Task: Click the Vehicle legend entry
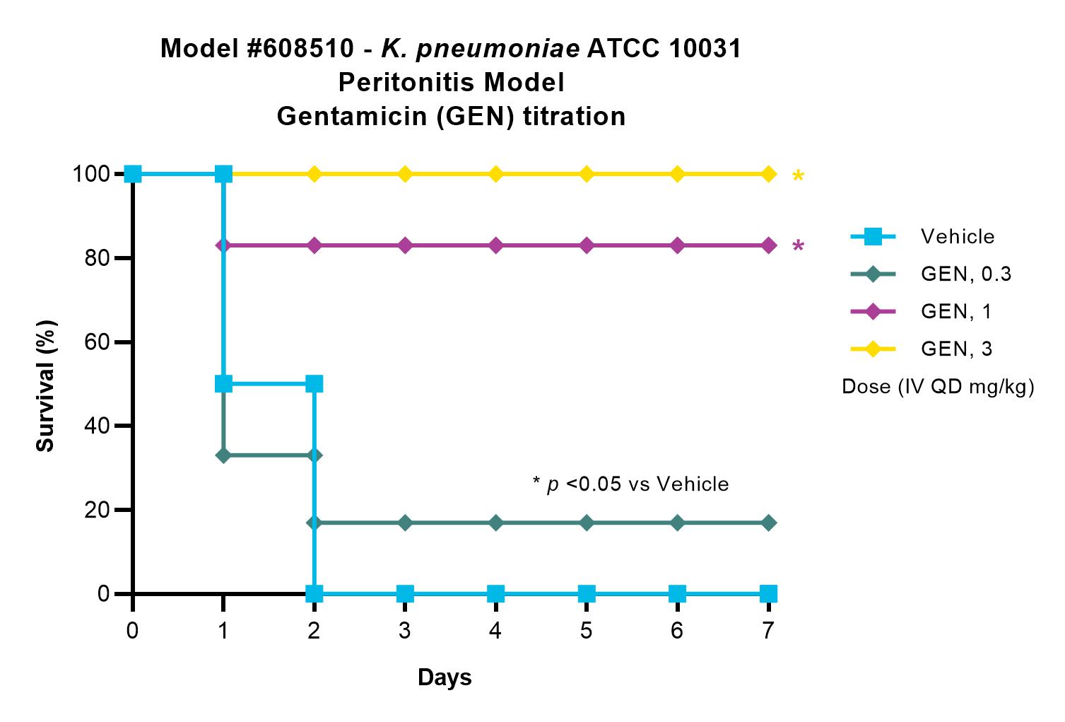pos(922,236)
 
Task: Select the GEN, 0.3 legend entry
pos(931,274)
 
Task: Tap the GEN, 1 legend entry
pos(921,312)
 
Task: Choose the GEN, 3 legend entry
pos(921,349)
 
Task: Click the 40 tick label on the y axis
pos(97,426)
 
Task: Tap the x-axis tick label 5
pos(587,631)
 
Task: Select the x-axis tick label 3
pos(405,631)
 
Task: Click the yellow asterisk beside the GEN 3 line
pos(799,176)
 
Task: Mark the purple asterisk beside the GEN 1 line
pos(799,246)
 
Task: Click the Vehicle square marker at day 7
pos(768,593)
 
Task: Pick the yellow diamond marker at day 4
pos(495,174)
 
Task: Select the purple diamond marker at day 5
pos(587,245)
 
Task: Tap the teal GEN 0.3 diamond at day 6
pos(678,523)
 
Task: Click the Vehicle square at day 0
pos(133,174)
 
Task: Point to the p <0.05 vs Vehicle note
pos(631,484)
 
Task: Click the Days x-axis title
pos(445,677)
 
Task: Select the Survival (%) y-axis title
pos(46,385)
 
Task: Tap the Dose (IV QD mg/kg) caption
pos(938,387)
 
